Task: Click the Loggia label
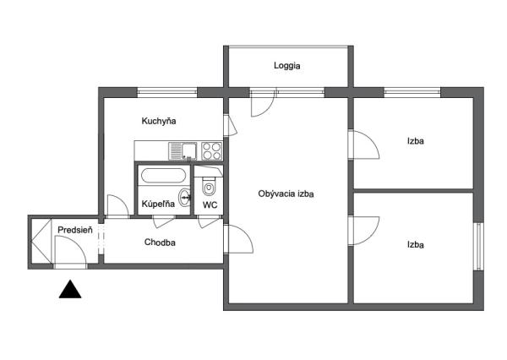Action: pos(286,66)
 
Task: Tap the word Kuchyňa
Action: pos(159,121)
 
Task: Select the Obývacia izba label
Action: pos(286,194)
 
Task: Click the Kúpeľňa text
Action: pos(158,204)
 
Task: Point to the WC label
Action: pos(210,205)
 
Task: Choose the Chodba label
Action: pos(160,243)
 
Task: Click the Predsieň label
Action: pos(75,230)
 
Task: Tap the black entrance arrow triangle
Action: pos(70,289)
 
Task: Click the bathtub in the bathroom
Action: pos(163,176)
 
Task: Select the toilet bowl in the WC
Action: pos(209,187)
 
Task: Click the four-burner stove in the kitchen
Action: pos(212,151)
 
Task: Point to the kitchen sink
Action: pos(183,151)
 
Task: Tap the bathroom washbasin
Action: pos(184,197)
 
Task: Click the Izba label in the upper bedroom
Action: pos(416,141)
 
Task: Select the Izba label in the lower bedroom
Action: pos(416,245)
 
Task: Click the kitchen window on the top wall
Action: pos(167,92)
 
